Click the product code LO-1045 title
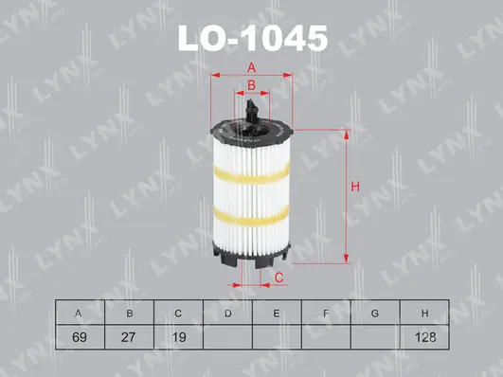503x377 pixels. pos(252,38)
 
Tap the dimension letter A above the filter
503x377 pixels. pos(252,66)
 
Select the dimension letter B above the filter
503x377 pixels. pos(251,86)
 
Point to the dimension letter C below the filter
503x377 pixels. pos(279,277)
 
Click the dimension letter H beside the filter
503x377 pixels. pos(355,187)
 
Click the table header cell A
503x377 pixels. pos(80,313)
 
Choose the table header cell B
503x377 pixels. pos(129,313)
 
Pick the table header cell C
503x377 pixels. pos(178,313)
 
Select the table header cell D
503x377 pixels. pos(227,313)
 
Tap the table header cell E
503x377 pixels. pos(277,313)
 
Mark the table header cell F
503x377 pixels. pos(326,313)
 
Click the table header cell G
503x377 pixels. pos(375,313)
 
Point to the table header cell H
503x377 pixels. pos(424,313)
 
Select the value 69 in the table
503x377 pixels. pos(80,335)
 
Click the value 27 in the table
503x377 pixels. pos(129,335)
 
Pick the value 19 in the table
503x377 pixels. pos(178,335)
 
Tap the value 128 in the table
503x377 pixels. pos(424,335)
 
